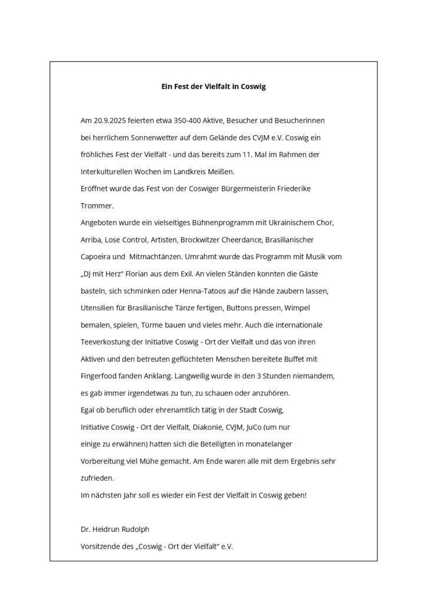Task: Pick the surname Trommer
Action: click(96, 206)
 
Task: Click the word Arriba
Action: click(91, 240)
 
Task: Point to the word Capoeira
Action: click(96, 257)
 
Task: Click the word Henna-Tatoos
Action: click(208, 291)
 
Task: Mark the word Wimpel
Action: click(314, 309)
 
